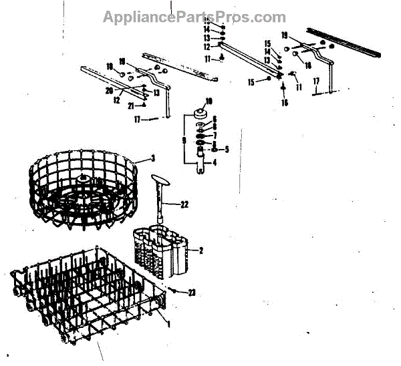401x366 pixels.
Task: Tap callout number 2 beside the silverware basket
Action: click(198, 250)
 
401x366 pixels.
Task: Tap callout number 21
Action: click(131, 106)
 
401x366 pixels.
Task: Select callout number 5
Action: click(227, 149)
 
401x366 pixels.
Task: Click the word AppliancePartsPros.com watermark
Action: click(194, 17)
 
